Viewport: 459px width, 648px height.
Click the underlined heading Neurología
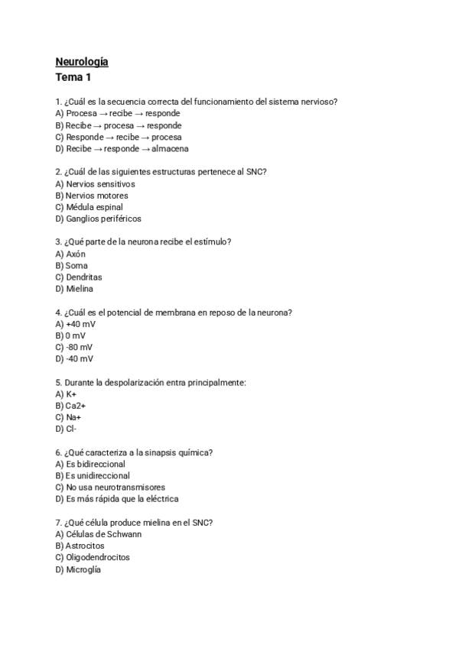coord(82,61)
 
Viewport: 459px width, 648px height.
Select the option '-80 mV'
coord(79,347)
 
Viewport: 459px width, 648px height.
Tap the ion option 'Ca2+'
coord(76,406)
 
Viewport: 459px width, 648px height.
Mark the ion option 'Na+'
coord(73,417)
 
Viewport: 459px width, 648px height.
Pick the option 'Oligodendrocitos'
coord(98,557)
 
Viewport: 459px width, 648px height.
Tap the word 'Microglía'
coord(83,569)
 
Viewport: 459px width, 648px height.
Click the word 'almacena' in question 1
coord(170,149)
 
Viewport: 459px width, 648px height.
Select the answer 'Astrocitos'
coord(85,546)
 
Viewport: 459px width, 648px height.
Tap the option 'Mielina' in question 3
coord(80,289)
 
